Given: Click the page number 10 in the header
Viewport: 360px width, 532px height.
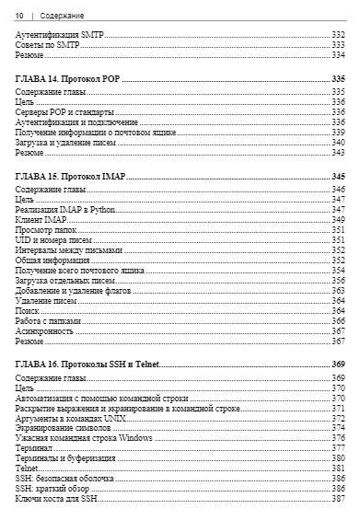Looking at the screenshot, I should click(19, 16).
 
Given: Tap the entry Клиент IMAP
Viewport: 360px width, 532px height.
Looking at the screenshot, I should click(42, 219).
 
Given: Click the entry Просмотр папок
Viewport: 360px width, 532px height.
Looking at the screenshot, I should click(46, 229).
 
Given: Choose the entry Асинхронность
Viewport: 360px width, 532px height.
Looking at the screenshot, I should click(45, 330).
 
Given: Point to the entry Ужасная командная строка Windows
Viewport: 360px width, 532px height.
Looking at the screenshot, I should click(85, 438).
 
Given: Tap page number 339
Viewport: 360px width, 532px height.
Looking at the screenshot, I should click(337, 133).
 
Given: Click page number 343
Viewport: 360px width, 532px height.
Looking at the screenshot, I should click(337, 153).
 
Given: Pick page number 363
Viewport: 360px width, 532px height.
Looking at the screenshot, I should click(337, 290).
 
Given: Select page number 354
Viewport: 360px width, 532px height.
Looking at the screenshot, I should click(337, 270).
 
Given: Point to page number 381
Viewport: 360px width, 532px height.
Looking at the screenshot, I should click(337, 468).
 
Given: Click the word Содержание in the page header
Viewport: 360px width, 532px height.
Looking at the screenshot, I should click(63, 16).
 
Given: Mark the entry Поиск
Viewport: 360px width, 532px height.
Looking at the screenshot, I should click(29, 310).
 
